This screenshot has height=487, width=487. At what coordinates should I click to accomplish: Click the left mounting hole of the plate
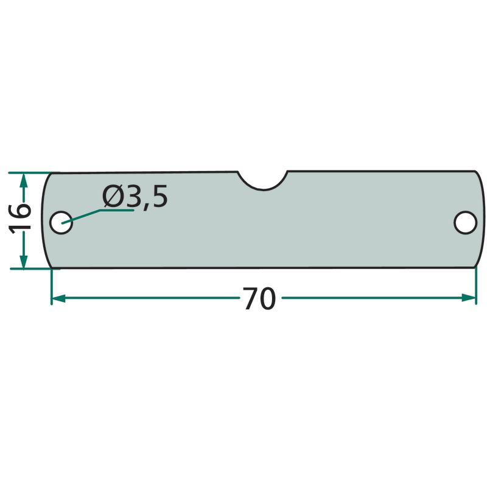pyautogui.click(x=61, y=222)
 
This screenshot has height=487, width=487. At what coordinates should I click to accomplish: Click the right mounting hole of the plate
pyautogui.click(x=465, y=222)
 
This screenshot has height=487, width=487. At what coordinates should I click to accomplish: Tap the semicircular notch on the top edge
pyautogui.click(x=263, y=181)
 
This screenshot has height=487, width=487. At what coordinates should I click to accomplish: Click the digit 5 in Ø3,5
pyautogui.click(x=159, y=196)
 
